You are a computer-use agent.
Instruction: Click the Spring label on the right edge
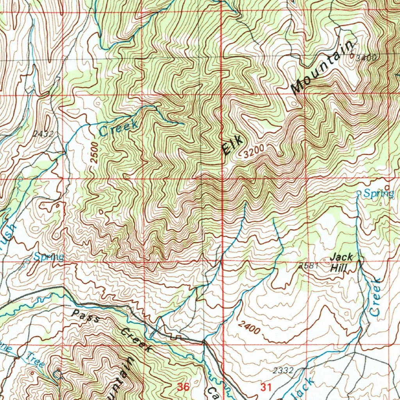(x=379, y=193)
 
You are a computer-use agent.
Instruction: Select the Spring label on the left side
(x=48, y=257)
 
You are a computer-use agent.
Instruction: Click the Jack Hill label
(x=342, y=262)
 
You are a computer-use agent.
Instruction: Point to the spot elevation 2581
(x=307, y=266)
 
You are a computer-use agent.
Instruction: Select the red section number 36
(x=183, y=387)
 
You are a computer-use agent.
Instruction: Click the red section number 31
(x=266, y=387)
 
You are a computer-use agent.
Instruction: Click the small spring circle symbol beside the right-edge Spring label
(x=359, y=193)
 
